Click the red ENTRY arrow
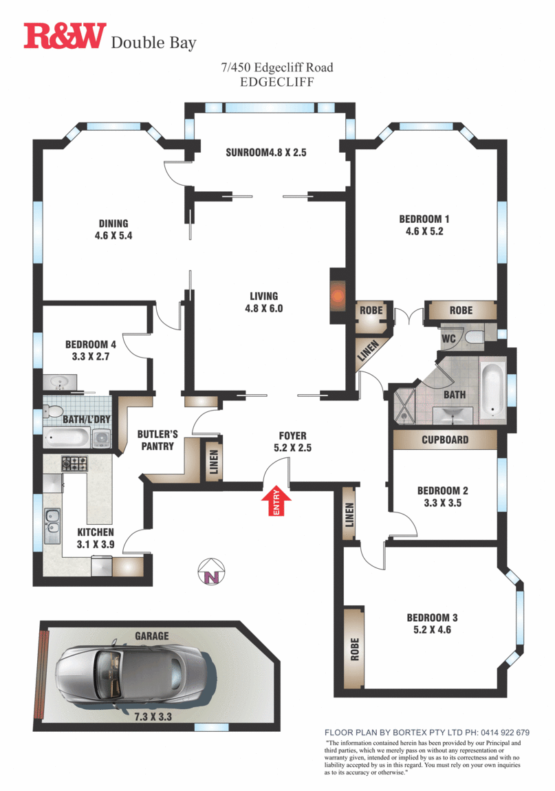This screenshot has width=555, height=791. (276, 500)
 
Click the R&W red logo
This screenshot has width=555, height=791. (65, 36)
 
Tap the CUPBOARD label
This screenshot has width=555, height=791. (445, 440)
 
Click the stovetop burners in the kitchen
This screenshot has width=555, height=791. (74, 464)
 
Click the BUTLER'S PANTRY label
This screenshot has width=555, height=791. (157, 440)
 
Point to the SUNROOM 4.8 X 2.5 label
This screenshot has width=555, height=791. (265, 153)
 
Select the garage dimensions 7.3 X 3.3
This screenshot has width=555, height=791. (153, 716)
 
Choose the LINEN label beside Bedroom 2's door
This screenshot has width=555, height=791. (349, 515)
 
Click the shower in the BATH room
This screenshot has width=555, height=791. (404, 406)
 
